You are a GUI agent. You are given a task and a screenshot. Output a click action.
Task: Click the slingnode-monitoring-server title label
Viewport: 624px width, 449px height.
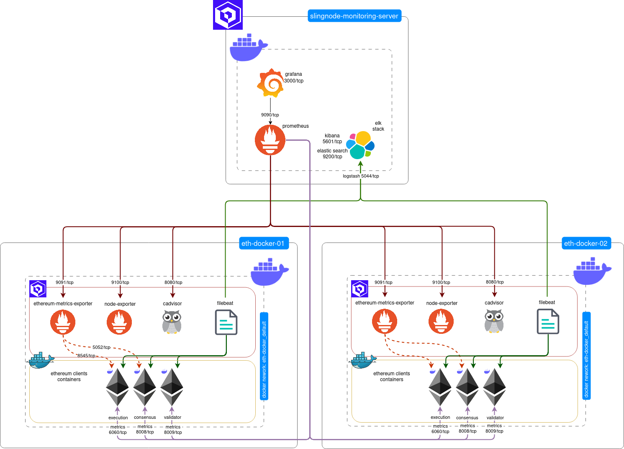coord(354,16)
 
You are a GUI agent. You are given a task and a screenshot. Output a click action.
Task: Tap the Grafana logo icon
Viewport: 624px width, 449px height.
coord(270,83)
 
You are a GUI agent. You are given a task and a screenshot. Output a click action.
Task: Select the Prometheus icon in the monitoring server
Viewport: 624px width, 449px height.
coord(270,140)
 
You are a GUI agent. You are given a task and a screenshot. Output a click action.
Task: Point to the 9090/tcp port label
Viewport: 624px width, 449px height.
coord(270,115)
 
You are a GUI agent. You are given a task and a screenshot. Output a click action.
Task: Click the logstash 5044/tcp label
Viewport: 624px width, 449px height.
coord(361,176)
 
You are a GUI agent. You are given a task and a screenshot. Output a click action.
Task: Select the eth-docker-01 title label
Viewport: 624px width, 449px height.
coord(263,243)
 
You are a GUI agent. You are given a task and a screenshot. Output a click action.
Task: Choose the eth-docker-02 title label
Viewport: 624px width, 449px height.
coord(585,243)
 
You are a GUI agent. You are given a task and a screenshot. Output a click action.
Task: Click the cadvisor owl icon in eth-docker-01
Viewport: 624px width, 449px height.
coord(172,322)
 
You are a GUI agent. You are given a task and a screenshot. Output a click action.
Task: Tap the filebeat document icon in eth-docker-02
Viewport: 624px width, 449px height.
coord(548,321)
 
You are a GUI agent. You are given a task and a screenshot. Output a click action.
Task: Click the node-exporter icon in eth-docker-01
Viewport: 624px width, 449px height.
coord(119,322)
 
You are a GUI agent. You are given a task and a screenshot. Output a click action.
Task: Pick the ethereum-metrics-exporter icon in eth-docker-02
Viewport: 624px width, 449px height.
coord(385,321)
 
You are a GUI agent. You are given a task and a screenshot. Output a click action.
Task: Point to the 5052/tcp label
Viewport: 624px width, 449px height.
coord(101,347)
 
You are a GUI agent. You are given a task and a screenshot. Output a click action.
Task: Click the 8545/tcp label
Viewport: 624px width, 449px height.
coord(86,356)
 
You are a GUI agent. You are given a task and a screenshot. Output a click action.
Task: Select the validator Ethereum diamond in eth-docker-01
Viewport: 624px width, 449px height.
coord(172,387)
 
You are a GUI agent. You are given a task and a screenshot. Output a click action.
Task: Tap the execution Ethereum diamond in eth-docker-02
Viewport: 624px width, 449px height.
coord(440,387)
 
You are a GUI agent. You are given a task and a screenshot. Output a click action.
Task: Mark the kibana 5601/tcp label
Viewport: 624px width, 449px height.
coord(332,139)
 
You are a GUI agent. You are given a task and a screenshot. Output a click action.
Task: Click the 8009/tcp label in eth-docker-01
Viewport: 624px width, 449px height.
coord(173,432)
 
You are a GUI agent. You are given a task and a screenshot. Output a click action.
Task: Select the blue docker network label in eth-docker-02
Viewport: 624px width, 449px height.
coord(586,356)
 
